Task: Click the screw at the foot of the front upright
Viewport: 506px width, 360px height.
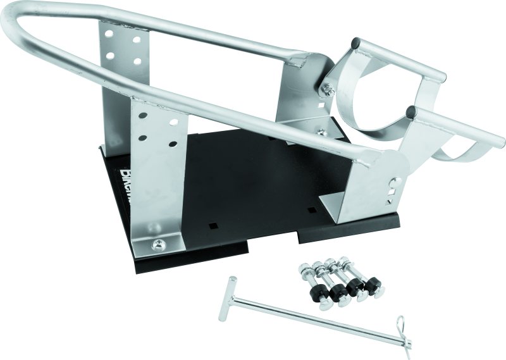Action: click(156, 243)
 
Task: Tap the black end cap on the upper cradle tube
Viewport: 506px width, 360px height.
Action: click(355, 44)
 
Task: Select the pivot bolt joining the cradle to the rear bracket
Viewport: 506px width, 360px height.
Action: click(330, 90)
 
